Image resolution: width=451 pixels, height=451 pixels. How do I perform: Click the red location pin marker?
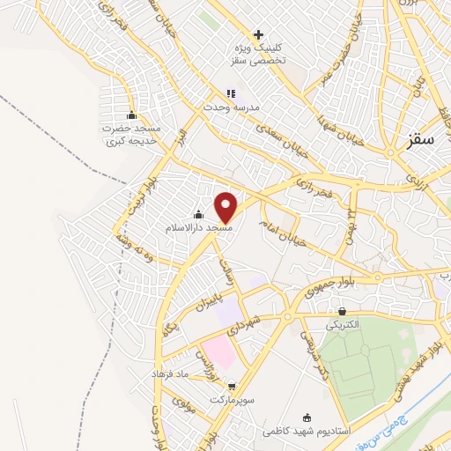[226, 207]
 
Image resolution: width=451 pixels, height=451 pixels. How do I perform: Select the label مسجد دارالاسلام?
[198, 227]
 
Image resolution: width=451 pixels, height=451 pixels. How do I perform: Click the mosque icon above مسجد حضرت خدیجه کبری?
[132, 115]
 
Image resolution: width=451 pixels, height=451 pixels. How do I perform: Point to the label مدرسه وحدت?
[232, 107]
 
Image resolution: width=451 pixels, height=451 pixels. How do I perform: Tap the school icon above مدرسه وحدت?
[231, 93]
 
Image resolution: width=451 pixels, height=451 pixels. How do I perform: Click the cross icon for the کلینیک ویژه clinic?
[257, 34]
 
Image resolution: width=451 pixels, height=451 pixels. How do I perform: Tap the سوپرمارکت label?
[232, 399]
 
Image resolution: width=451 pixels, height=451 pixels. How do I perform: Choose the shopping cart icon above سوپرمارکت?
[232, 386]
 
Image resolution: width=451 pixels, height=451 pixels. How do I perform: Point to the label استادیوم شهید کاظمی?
[307, 432]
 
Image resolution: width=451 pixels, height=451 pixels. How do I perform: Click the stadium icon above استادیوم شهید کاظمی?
[307, 418]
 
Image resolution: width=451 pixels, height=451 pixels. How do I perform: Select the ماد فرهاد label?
[169, 373]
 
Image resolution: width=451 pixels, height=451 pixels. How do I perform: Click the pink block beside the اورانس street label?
[220, 352]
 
